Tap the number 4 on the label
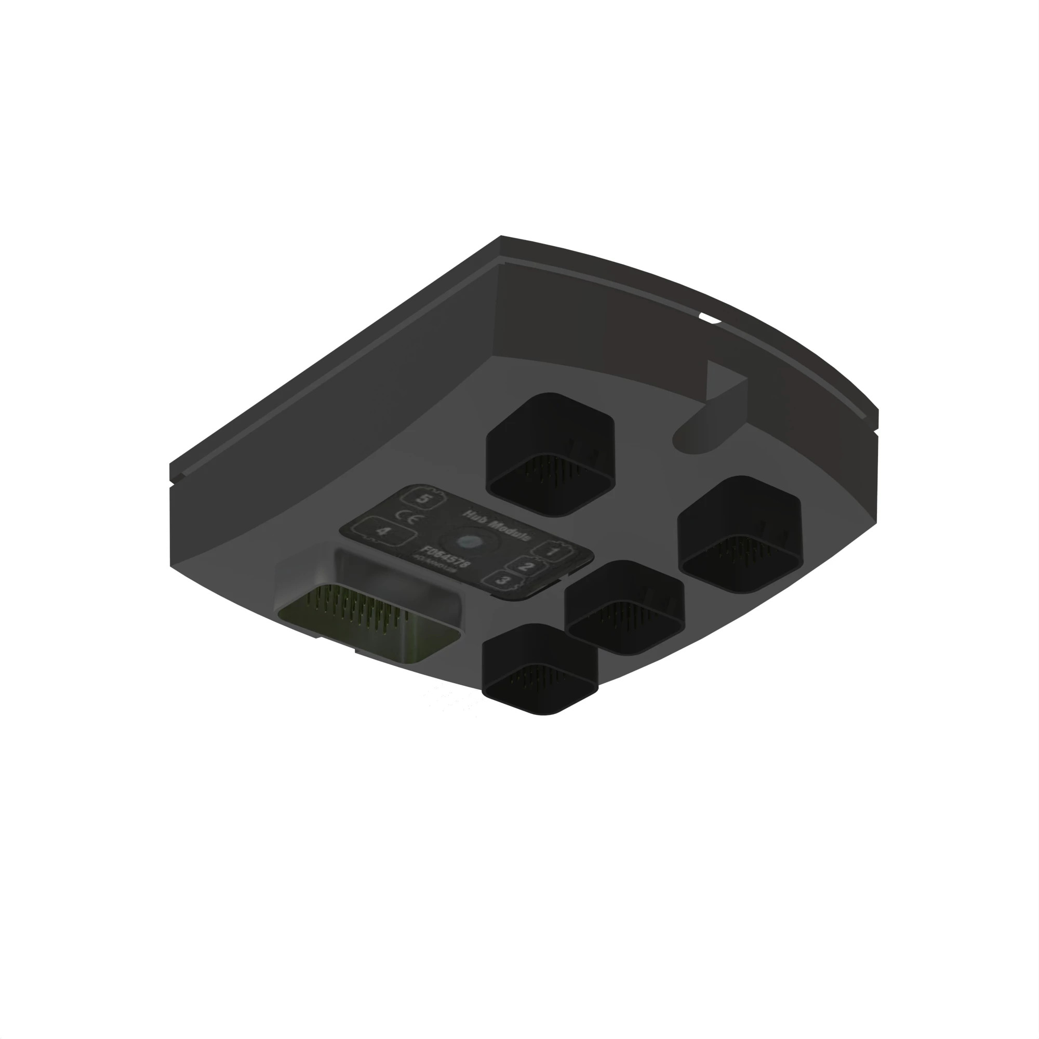(383, 531)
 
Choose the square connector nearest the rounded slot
(740, 534)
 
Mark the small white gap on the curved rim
(710, 320)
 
